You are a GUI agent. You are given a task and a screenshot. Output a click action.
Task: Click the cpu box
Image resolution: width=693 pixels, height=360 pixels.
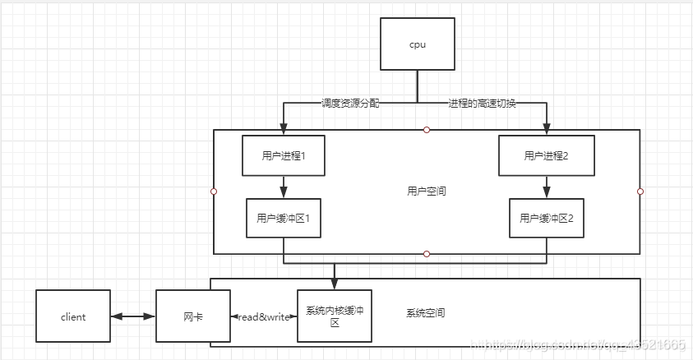pyautogui.click(x=417, y=44)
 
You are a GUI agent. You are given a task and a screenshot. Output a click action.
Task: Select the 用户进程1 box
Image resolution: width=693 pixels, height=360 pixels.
pyautogui.click(x=283, y=155)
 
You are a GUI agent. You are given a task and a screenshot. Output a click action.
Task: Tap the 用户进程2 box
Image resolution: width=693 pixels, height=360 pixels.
pyautogui.click(x=546, y=155)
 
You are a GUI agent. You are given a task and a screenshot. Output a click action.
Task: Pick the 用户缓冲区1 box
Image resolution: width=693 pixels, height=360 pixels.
pyautogui.click(x=283, y=218)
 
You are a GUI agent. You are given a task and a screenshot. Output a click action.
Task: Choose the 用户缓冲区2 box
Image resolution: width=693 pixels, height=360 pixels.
pyautogui.click(x=546, y=218)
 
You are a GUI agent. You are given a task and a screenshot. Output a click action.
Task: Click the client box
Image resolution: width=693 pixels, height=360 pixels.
pyautogui.click(x=73, y=316)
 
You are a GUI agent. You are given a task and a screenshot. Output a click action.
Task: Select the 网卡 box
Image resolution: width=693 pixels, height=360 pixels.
pyautogui.click(x=191, y=316)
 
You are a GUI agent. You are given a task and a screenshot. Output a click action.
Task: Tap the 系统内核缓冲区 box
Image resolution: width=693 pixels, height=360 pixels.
pyautogui.click(x=334, y=316)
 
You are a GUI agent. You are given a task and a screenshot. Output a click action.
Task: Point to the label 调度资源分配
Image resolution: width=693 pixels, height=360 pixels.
pyautogui.click(x=351, y=104)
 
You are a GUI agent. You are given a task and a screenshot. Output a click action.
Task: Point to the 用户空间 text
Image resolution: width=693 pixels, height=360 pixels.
pyautogui.click(x=427, y=191)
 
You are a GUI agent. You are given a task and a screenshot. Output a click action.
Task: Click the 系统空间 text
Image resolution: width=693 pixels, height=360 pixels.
pyautogui.click(x=426, y=313)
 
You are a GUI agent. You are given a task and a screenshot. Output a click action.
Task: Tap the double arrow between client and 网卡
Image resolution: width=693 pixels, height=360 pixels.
pyautogui.click(x=133, y=316)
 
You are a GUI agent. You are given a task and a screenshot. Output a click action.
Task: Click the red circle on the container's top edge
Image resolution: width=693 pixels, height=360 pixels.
pyautogui.click(x=427, y=130)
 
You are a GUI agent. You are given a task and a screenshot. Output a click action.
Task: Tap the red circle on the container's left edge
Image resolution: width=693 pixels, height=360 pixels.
pyautogui.click(x=214, y=192)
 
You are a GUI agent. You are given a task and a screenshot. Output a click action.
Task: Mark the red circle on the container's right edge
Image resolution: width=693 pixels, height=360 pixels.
pyautogui.click(x=640, y=192)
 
